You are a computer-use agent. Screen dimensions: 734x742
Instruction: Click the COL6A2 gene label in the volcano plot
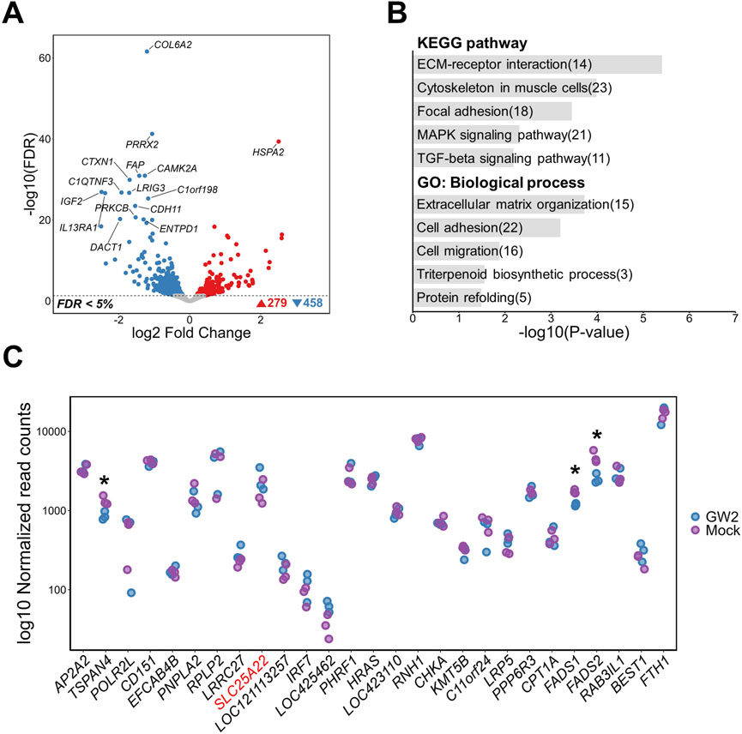point(172,45)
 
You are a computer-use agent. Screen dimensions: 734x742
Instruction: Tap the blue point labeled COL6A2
point(147,51)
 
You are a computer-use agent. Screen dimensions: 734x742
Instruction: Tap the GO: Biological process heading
point(495,183)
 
